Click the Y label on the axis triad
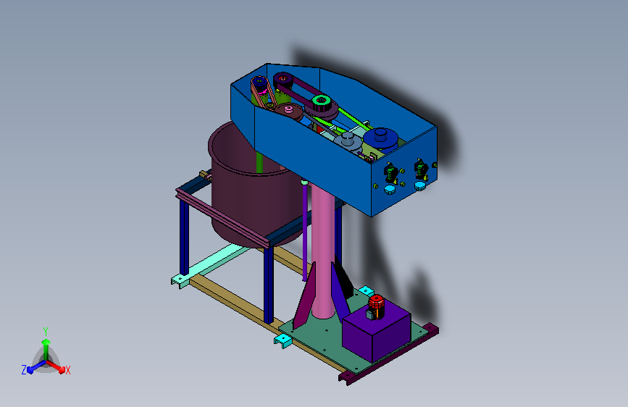point(46,331)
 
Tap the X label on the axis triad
point(67,370)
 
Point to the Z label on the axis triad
point(24,370)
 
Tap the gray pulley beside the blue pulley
point(347,141)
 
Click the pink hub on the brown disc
point(288,109)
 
